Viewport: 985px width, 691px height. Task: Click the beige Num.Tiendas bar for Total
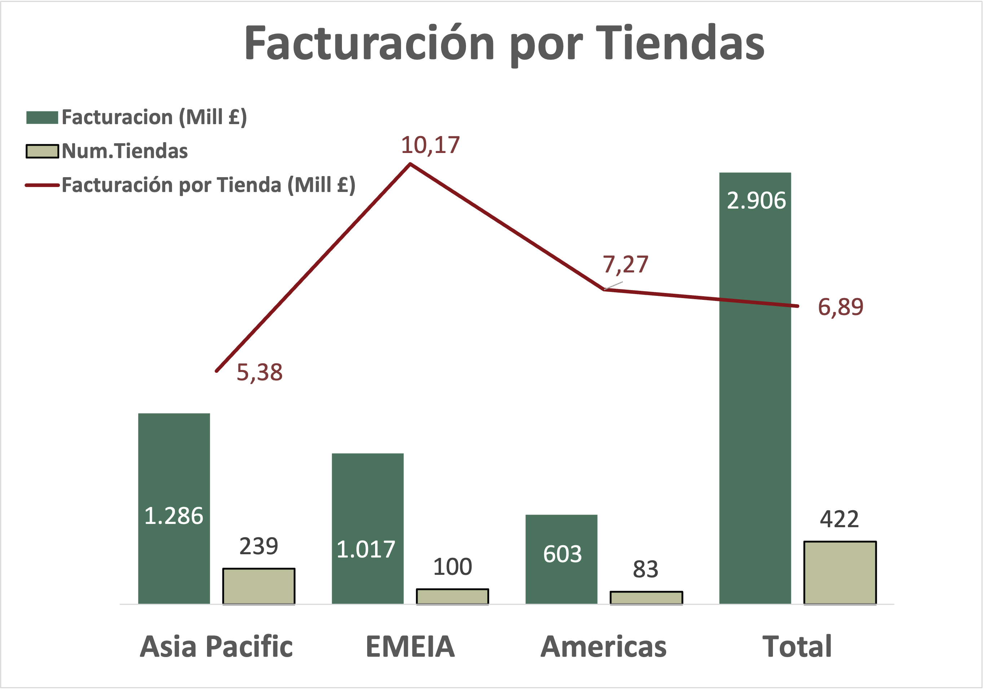(840, 573)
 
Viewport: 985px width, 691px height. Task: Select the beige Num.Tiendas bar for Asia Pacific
(259, 586)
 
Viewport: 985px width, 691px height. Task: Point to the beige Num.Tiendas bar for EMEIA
(452, 596)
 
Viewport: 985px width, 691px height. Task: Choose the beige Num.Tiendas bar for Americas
(646, 598)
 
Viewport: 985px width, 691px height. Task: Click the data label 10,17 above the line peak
(430, 145)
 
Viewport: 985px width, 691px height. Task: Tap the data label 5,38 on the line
(260, 372)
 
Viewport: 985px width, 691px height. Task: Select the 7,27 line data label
(625, 264)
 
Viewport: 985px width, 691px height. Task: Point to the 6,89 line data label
(840, 307)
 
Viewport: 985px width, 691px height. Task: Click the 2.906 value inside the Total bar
(756, 200)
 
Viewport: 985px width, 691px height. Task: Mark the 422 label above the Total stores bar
(839, 519)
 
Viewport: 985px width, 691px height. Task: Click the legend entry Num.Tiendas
(124, 151)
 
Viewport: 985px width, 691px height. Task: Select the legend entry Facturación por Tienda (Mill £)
(208, 185)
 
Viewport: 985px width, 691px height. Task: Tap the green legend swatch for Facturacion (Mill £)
(42, 118)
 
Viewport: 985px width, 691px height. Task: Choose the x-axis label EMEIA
(410, 646)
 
